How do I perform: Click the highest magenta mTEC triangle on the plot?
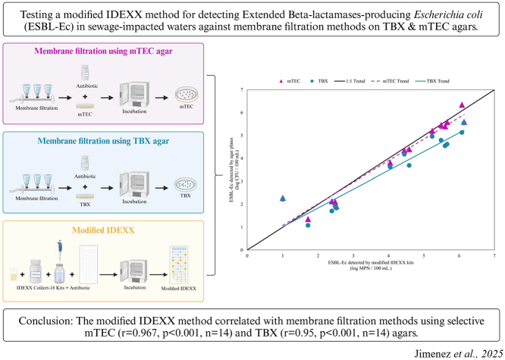[462, 105]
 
